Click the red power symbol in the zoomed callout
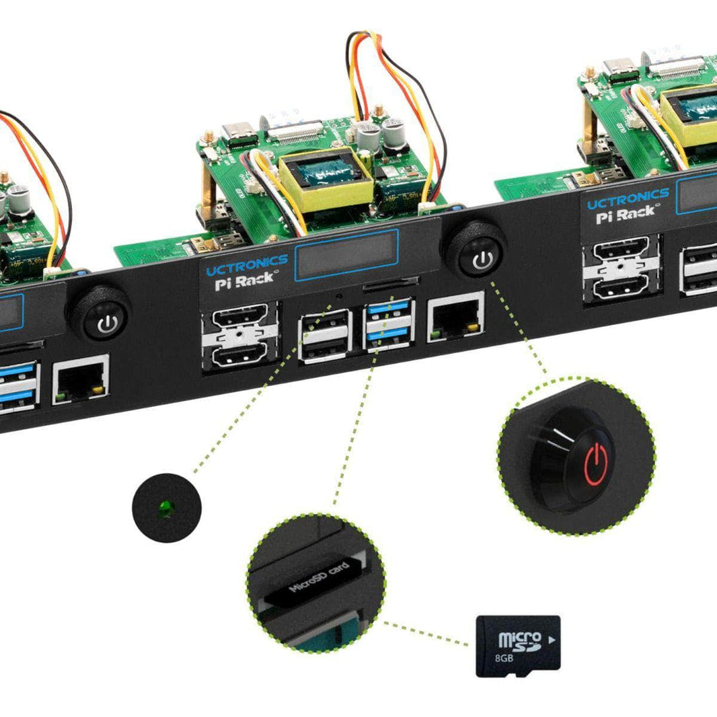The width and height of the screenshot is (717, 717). [597, 463]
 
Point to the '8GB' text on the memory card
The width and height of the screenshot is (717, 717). [504, 656]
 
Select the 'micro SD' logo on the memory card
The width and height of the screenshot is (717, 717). [519, 639]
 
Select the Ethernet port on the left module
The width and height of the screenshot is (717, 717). [81, 379]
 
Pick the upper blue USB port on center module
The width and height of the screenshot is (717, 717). [388, 308]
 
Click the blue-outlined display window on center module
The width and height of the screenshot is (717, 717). [347, 253]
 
